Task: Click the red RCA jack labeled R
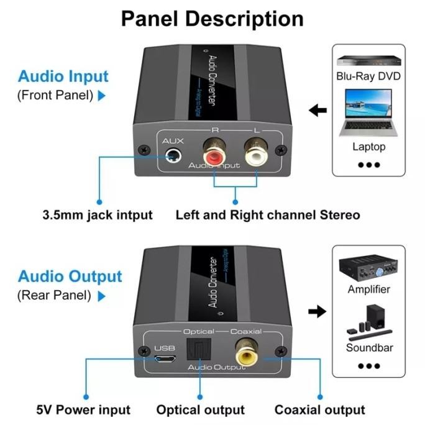click(213, 152)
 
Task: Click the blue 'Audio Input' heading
click(63, 77)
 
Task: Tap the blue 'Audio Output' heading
click(70, 276)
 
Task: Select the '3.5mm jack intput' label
click(97, 215)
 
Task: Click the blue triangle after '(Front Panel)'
click(102, 96)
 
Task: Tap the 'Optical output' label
click(200, 410)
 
